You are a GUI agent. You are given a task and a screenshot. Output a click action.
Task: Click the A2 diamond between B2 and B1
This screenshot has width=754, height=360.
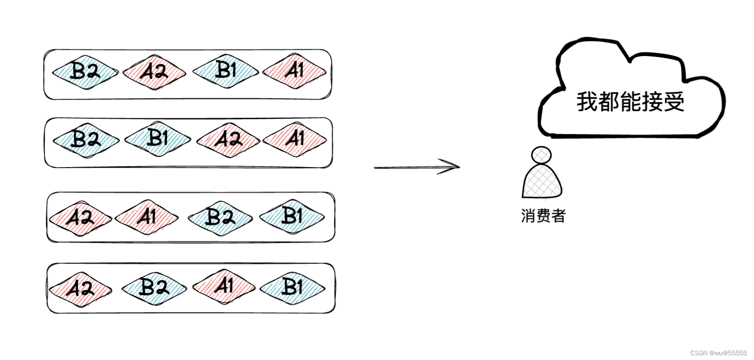[154, 72]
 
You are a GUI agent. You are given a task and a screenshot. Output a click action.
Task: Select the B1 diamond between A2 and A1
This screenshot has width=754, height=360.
[226, 71]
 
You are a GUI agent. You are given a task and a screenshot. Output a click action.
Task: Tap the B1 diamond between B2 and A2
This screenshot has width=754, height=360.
[158, 139]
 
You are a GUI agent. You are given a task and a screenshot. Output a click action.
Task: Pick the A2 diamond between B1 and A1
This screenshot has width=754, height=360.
[228, 140]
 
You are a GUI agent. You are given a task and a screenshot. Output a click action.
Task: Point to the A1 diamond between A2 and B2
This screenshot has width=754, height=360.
[147, 218]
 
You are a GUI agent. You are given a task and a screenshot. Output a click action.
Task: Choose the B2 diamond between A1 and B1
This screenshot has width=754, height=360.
[220, 218]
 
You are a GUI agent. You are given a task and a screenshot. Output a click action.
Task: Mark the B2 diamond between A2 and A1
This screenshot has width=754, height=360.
[154, 288]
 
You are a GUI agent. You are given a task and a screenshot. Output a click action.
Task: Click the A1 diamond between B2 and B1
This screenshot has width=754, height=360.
[224, 286]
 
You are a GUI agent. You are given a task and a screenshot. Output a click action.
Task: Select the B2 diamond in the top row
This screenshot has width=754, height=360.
[85, 72]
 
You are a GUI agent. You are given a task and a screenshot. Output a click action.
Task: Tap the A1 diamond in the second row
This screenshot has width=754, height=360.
[295, 140]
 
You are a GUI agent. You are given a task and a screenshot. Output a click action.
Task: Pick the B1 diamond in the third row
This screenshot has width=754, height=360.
[292, 217]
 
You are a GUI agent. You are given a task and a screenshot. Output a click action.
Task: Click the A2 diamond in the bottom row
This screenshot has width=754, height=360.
[80, 289]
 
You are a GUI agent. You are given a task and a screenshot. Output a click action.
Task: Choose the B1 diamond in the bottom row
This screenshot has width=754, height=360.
[292, 287]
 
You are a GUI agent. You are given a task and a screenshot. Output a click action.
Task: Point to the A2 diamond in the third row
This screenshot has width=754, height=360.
[80, 218]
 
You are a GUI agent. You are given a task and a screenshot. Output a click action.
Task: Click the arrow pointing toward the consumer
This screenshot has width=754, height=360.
[417, 167]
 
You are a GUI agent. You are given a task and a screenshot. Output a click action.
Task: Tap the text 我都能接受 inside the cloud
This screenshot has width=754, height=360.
[631, 102]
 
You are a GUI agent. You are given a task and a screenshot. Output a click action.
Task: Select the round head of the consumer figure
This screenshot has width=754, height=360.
[541, 155]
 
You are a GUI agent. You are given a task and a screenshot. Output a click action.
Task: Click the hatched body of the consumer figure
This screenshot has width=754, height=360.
[542, 181]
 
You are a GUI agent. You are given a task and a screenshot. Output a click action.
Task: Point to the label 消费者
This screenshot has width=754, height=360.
[543, 216]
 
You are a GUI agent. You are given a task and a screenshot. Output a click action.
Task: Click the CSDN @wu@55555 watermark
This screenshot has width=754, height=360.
[718, 353]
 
